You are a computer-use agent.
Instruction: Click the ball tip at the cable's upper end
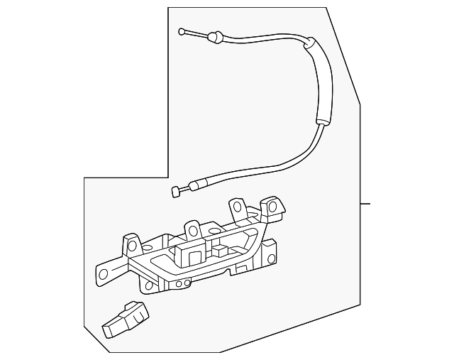tap(182, 31)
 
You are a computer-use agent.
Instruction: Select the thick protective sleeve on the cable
tap(322, 82)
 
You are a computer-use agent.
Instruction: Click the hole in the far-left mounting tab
tap(104, 273)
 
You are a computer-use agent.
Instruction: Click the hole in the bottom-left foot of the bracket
tap(148, 286)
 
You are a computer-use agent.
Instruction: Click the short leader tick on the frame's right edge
tap(365, 204)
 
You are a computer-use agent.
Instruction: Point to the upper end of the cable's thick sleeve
tap(309, 44)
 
